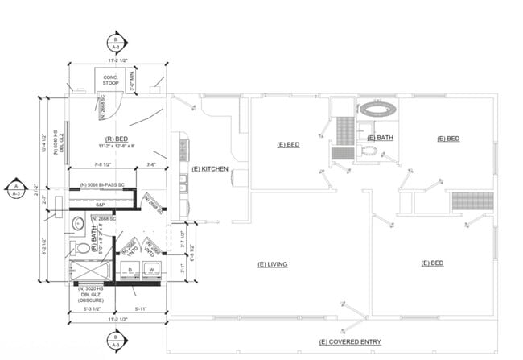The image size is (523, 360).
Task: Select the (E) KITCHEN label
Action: point(211,169)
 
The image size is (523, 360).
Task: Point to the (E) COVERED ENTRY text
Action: point(349,342)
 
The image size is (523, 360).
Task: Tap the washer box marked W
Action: point(150,270)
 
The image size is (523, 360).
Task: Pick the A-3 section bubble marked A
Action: point(14,190)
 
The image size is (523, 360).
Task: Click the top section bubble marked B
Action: point(116,42)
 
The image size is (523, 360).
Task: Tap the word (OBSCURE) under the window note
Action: point(93,299)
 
